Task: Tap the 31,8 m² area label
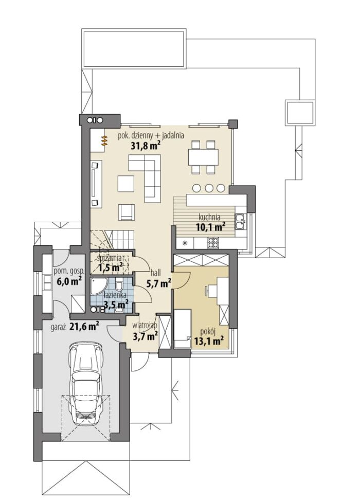146,146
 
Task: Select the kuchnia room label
209,218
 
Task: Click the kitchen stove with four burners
213,243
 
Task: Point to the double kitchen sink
240,222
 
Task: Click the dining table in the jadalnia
203,157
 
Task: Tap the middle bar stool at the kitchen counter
209,188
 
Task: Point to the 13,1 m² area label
208,341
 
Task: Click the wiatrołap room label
144,326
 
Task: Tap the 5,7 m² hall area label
158,283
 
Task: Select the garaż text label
58,327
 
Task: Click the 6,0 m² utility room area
69,281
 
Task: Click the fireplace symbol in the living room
104,141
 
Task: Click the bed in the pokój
183,330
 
